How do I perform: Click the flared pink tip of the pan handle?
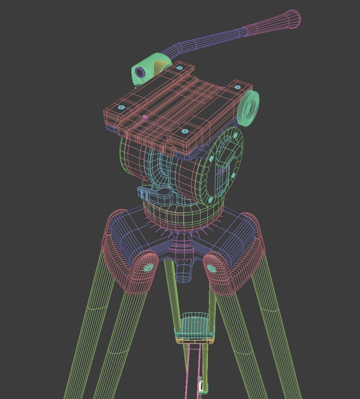pyautogui.click(x=293, y=19)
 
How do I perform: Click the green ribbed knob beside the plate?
pyautogui.click(x=249, y=109)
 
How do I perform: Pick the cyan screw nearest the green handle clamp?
pyautogui.click(x=179, y=68)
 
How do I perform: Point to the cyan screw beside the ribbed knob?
pyautogui.click(x=238, y=87)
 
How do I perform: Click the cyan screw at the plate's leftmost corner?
pyautogui.click(x=121, y=107)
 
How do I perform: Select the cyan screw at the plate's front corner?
pyautogui.click(x=185, y=131)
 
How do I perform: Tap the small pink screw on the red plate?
pyautogui.click(x=145, y=117)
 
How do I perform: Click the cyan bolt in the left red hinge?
pyautogui.click(x=148, y=267)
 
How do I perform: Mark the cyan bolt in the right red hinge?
pyautogui.click(x=212, y=268)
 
